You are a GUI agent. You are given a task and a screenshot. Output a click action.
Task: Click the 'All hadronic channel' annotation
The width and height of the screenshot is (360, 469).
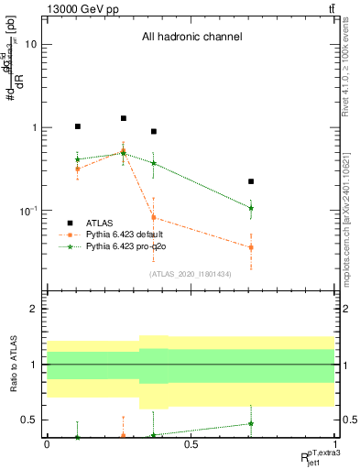[x=191, y=38]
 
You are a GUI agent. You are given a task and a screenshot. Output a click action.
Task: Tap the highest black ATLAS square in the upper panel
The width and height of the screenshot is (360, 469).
[x=124, y=118]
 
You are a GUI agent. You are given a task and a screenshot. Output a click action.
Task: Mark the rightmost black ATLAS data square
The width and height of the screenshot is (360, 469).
[x=251, y=181]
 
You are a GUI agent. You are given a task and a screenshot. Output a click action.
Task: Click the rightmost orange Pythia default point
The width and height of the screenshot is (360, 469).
[x=251, y=247]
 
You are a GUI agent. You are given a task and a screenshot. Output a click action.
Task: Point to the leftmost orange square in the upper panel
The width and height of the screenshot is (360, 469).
[x=78, y=169]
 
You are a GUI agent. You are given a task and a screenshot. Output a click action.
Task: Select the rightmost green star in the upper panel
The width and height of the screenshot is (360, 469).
[x=251, y=208]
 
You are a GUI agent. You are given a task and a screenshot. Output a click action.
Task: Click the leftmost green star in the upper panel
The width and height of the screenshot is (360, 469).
[x=78, y=159]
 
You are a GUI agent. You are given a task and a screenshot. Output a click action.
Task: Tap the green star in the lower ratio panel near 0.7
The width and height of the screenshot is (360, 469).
[x=251, y=423]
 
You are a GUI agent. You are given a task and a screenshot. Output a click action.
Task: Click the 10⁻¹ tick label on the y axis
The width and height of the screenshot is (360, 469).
[x=27, y=211]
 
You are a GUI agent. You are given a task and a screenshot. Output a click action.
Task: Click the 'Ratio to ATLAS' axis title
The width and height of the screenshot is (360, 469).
[x=13, y=365]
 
